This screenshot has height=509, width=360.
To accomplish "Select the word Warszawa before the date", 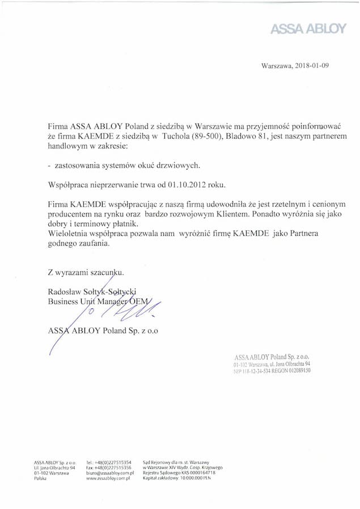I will pos(275,66).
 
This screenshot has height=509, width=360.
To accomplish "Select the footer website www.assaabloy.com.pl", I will pos(110,478).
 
